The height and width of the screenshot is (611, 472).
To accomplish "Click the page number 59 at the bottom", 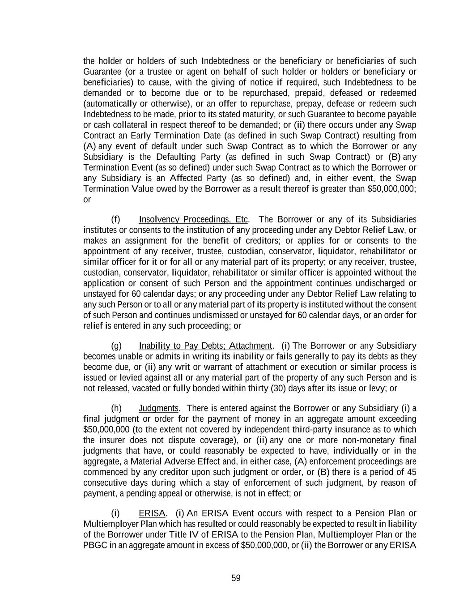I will [x=236, y=578].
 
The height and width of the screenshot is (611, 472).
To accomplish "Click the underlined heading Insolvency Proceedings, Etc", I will [x=193, y=219].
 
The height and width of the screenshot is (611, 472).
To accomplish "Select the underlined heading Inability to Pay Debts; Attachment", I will [x=205, y=346].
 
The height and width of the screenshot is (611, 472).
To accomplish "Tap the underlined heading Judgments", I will [x=159, y=408].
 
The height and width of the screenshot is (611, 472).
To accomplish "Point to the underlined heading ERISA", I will [x=152, y=513].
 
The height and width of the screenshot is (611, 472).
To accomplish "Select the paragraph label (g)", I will [x=116, y=346].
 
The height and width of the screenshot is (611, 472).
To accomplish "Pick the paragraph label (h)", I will [x=116, y=408].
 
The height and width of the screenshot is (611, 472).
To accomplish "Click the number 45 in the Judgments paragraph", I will [x=411, y=472].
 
